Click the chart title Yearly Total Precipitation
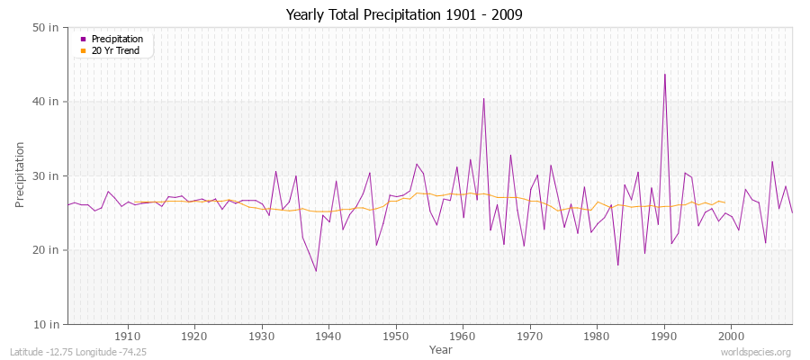pos(404,14)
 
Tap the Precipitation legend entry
pos(117,39)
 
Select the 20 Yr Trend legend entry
pos(116,50)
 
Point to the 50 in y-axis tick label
pos(48,28)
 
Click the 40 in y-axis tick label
pos(48,102)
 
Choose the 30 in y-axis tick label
pos(48,175)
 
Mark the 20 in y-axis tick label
pos(48,249)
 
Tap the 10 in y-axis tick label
pos(48,323)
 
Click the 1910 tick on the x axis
pos(128,336)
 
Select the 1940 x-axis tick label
pos(328,336)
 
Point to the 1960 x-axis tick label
pos(463,336)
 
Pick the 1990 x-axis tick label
pos(663,336)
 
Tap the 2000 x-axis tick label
pos(730,336)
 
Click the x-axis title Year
pos(441,348)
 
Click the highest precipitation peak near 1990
pos(664,75)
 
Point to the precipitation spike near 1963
pos(483,99)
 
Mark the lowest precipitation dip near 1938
pos(316,270)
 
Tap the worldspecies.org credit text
pos(756,353)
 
